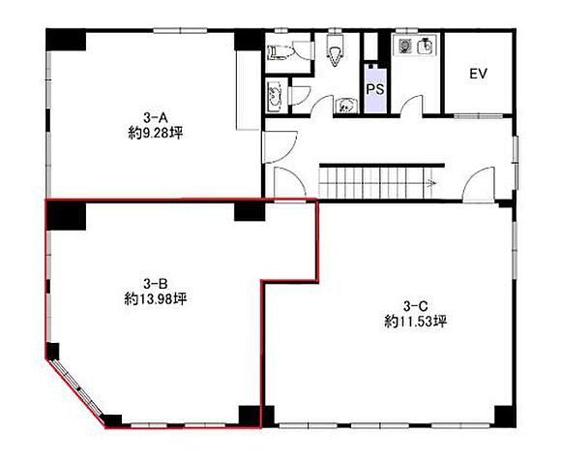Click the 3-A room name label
[x=156, y=117]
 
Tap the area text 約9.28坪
[x=156, y=134]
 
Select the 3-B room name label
[x=156, y=284]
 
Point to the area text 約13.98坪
[x=156, y=299]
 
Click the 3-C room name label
[x=415, y=306]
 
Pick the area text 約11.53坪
[x=415, y=322]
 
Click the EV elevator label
[x=479, y=74]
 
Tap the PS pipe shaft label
[x=375, y=89]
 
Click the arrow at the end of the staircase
[x=430, y=183]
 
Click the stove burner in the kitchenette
[x=405, y=46]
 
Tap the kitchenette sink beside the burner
[x=427, y=46]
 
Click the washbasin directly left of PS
[x=346, y=106]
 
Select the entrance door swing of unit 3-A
[x=280, y=147]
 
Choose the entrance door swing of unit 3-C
[x=479, y=185]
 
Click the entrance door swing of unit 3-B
[x=290, y=184]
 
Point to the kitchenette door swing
[x=411, y=105]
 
